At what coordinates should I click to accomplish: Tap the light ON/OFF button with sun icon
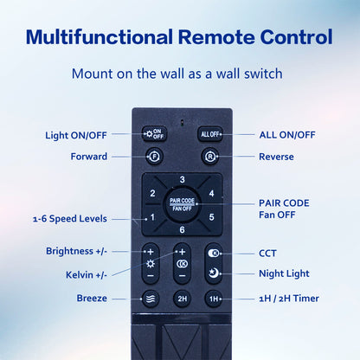coord(154,133)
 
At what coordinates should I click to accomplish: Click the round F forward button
coord(154,157)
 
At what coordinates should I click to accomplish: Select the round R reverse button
coord(209,157)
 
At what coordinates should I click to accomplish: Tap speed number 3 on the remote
coord(182,179)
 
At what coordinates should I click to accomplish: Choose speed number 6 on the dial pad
coord(182,229)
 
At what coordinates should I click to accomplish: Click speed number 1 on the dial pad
coord(152,217)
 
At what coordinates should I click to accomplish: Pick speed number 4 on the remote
coord(211,193)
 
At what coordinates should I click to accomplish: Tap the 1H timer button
coord(214,299)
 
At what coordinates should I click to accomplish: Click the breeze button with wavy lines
coord(151,299)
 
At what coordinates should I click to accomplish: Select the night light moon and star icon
coord(214,273)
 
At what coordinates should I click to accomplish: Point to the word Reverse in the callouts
coord(276,157)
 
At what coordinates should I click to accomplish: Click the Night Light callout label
coord(284,273)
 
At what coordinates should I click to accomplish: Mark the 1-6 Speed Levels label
coord(70,219)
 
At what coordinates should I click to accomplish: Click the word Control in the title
coord(296,37)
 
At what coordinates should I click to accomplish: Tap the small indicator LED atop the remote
coord(182,123)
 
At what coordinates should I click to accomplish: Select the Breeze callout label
coord(92,298)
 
